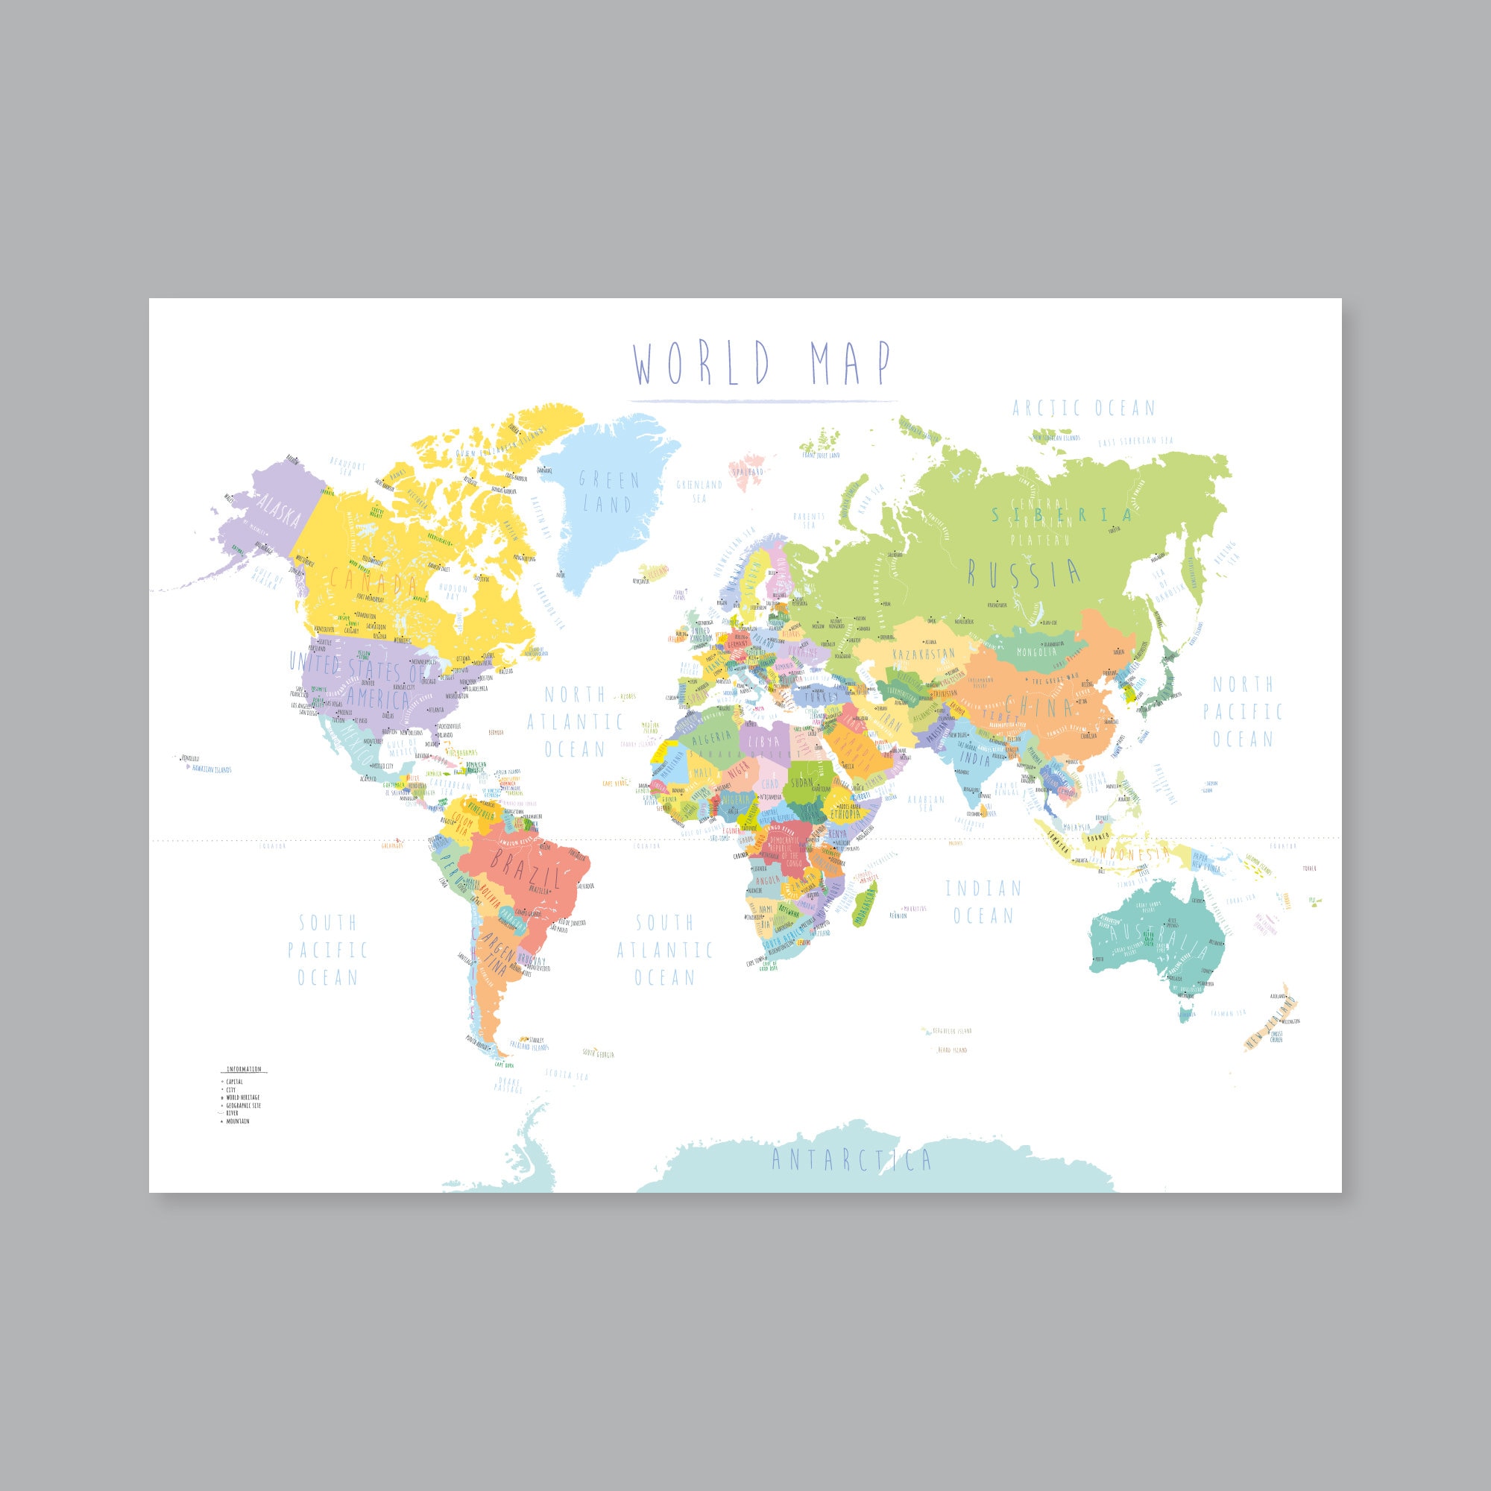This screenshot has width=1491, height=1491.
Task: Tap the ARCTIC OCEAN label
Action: (x=1083, y=409)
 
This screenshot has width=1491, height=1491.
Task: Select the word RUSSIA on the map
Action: (x=1024, y=573)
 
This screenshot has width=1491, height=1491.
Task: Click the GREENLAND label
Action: (x=609, y=492)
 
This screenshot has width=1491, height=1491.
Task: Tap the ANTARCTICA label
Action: (x=852, y=1159)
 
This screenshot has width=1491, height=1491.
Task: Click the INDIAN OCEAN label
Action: (x=983, y=902)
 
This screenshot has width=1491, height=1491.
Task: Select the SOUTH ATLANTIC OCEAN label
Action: (x=663, y=950)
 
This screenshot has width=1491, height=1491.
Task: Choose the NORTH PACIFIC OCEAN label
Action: (x=1243, y=710)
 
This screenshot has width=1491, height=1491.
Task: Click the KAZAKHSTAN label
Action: (x=923, y=655)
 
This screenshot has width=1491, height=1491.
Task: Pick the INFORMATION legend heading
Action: (x=244, y=1070)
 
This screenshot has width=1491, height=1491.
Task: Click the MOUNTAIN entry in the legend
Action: (x=238, y=1121)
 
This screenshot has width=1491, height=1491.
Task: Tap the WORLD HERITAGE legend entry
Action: (x=242, y=1097)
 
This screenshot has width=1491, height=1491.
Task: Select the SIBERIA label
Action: (x=1062, y=514)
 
